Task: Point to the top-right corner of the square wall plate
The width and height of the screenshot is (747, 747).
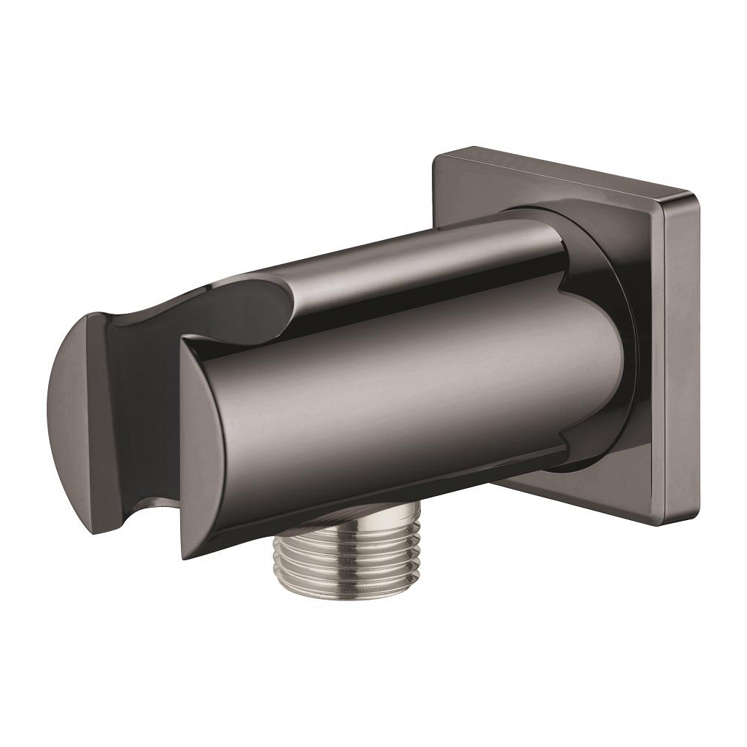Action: pos(695,196)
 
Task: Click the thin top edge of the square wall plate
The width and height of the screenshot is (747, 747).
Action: pos(565,175)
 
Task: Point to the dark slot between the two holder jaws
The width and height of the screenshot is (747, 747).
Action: pos(146,409)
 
